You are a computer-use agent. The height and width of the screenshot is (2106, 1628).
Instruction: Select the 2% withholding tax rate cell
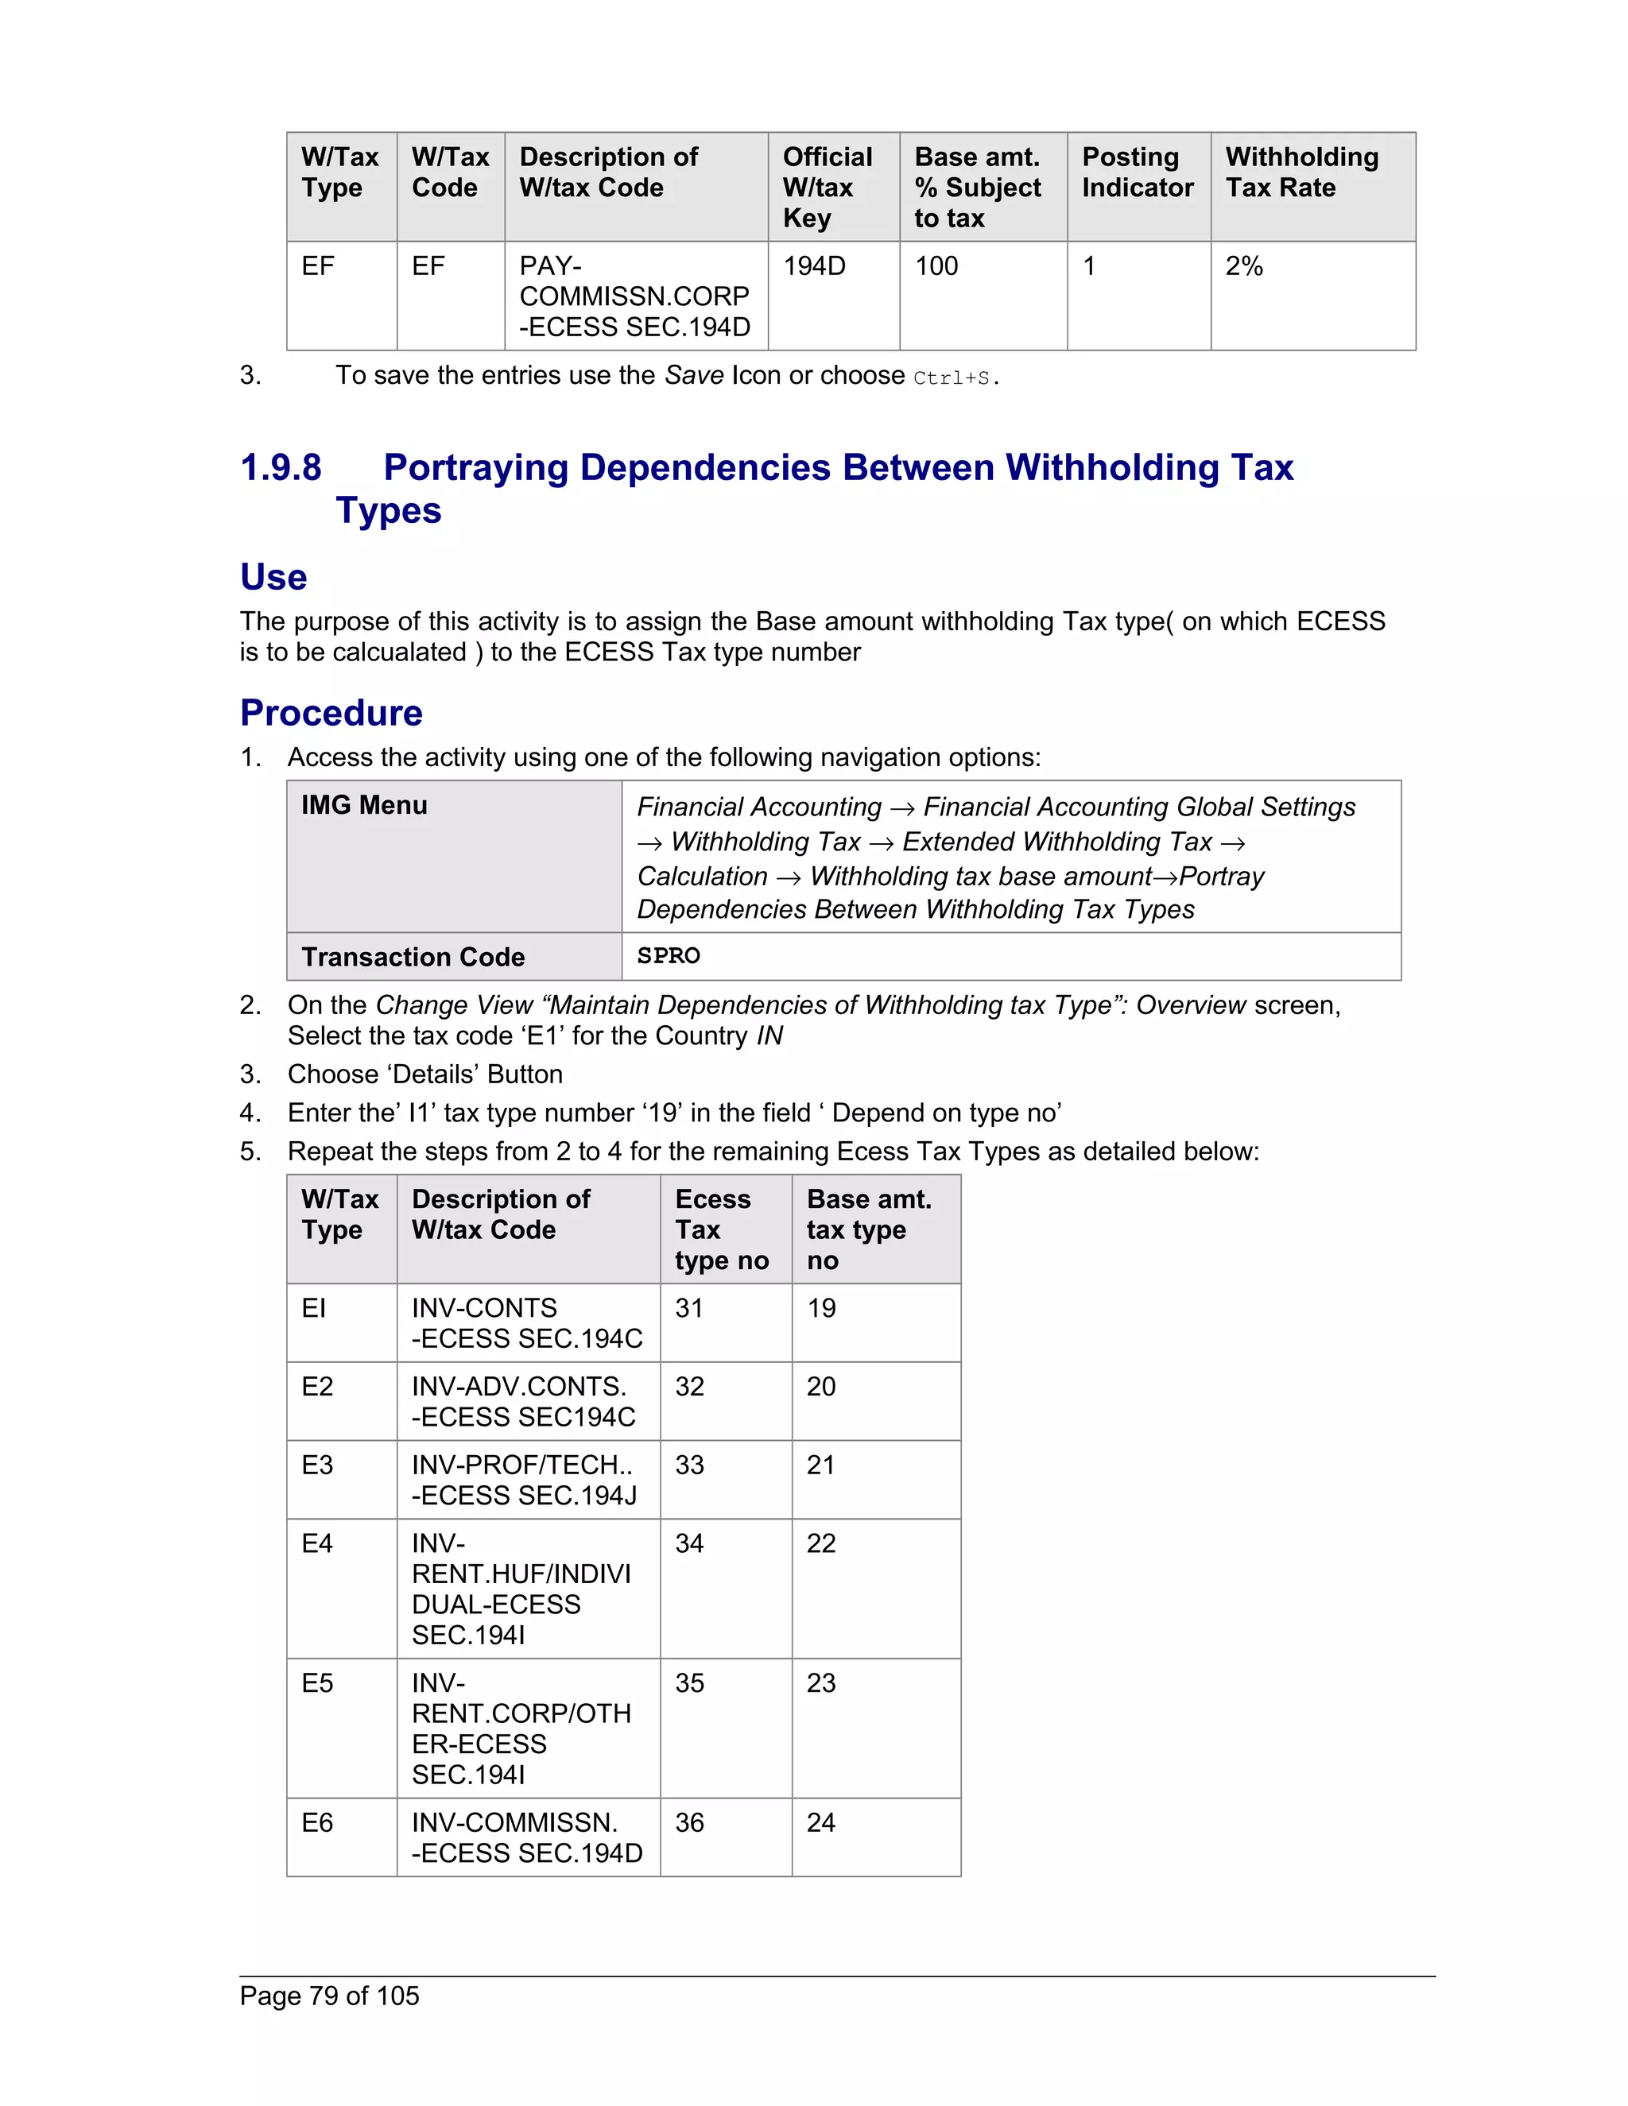(1243, 266)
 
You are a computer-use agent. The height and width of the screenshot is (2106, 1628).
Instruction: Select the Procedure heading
(331, 713)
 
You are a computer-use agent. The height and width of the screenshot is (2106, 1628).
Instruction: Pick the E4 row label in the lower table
(316, 1544)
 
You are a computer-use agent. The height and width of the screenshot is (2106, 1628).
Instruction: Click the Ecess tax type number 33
(688, 1465)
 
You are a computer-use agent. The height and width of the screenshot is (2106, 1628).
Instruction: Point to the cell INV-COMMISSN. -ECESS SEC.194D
(526, 1838)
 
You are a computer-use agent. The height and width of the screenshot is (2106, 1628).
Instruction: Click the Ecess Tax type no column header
(722, 1229)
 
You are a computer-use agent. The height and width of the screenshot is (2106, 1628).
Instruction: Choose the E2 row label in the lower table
(316, 1387)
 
